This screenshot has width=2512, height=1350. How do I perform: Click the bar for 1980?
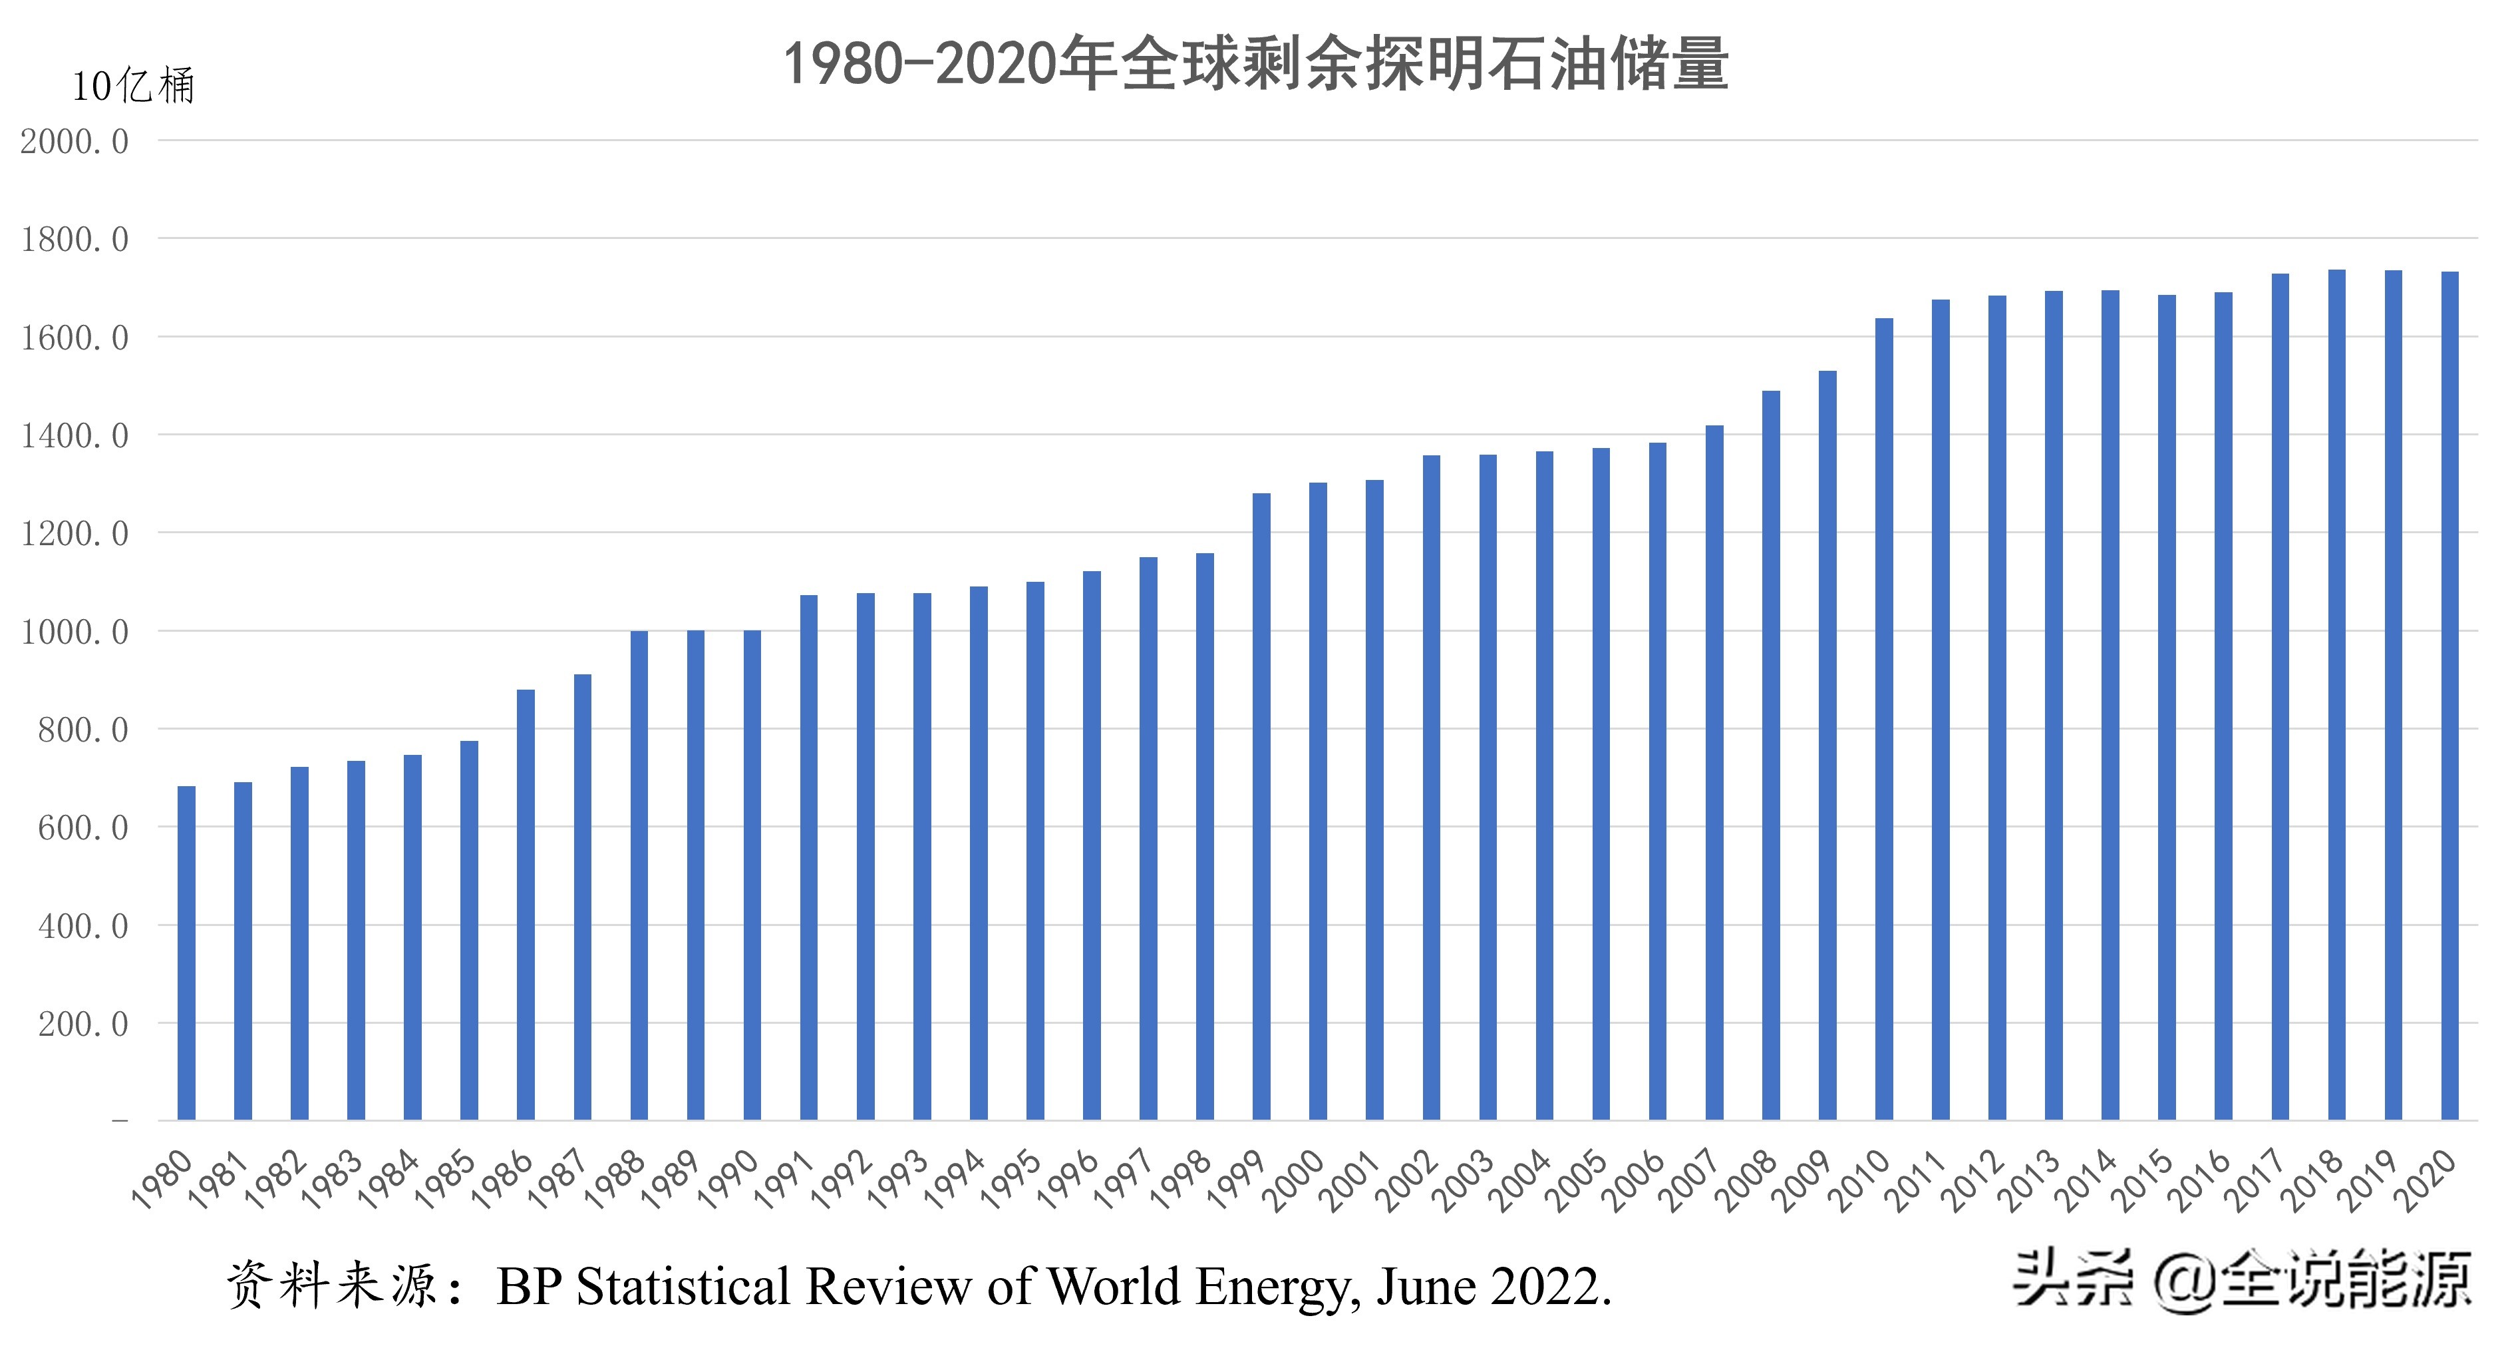(x=186, y=953)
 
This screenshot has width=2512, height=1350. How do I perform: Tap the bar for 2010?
(x=1884, y=719)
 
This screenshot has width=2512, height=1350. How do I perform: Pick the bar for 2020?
(x=2449, y=696)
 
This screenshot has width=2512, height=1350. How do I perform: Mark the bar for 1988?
(x=639, y=875)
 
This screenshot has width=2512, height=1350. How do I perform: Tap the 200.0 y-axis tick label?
(x=83, y=1025)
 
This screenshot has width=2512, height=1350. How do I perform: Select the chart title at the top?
(x=1256, y=65)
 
